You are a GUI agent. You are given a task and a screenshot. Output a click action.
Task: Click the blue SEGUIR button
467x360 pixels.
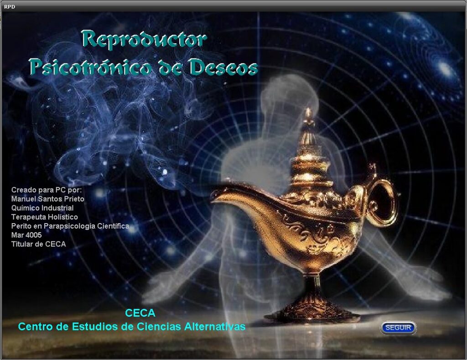(x=398, y=328)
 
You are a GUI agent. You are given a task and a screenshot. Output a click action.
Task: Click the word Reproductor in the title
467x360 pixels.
(x=144, y=39)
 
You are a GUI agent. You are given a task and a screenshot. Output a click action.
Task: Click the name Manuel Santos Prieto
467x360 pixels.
(x=47, y=199)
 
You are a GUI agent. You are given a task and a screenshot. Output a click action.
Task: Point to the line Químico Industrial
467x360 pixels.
(x=42, y=208)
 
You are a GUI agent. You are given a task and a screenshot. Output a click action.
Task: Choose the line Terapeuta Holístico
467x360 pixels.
(x=44, y=217)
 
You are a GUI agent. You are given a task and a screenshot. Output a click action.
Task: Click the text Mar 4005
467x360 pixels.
(x=26, y=235)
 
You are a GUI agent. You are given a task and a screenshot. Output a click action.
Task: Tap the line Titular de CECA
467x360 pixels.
(x=38, y=244)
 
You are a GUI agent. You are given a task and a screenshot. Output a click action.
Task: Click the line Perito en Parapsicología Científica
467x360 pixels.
(x=70, y=226)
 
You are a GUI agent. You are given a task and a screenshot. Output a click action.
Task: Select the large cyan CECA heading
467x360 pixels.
(x=140, y=313)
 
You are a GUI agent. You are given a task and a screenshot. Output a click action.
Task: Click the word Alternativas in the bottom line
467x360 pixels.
(x=215, y=327)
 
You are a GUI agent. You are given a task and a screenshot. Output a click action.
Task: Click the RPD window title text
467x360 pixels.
(x=10, y=7)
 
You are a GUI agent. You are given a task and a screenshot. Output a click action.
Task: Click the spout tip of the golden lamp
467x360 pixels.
(x=213, y=194)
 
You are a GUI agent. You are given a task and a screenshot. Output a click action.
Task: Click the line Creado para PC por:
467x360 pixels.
(x=47, y=190)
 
